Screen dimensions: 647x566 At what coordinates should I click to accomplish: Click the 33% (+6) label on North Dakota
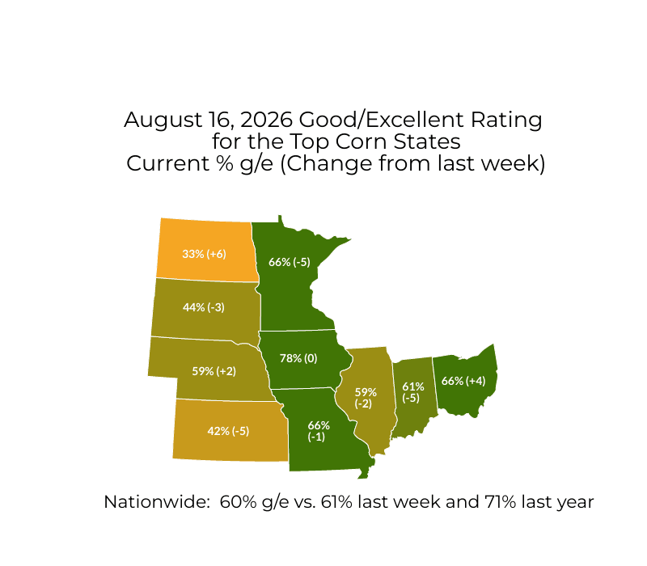tap(205, 254)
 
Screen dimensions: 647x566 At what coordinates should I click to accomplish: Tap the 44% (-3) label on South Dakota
tap(204, 308)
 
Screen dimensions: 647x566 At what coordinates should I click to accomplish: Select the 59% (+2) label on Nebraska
tap(214, 371)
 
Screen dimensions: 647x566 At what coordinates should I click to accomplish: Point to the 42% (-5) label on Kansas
tap(228, 431)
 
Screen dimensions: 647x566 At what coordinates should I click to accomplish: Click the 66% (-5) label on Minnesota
tap(290, 262)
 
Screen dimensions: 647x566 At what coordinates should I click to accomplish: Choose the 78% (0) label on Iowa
tap(298, 358)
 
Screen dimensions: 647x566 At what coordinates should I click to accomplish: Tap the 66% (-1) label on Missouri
tap(318, 431)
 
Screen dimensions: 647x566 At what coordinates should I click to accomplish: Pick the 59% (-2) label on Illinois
tap(366, 398)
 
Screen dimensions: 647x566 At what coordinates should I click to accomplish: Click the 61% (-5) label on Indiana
tap(412, 392)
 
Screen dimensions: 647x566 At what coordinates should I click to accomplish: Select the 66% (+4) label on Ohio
tap(463, 381)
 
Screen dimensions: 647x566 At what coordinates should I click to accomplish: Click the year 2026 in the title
tap(266, 120)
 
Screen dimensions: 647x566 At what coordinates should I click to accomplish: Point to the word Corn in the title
tap(361, 142)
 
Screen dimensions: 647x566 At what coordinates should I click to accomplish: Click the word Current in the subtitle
tap(167, 164)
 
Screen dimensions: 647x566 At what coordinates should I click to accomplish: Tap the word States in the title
tap(427, 142)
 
